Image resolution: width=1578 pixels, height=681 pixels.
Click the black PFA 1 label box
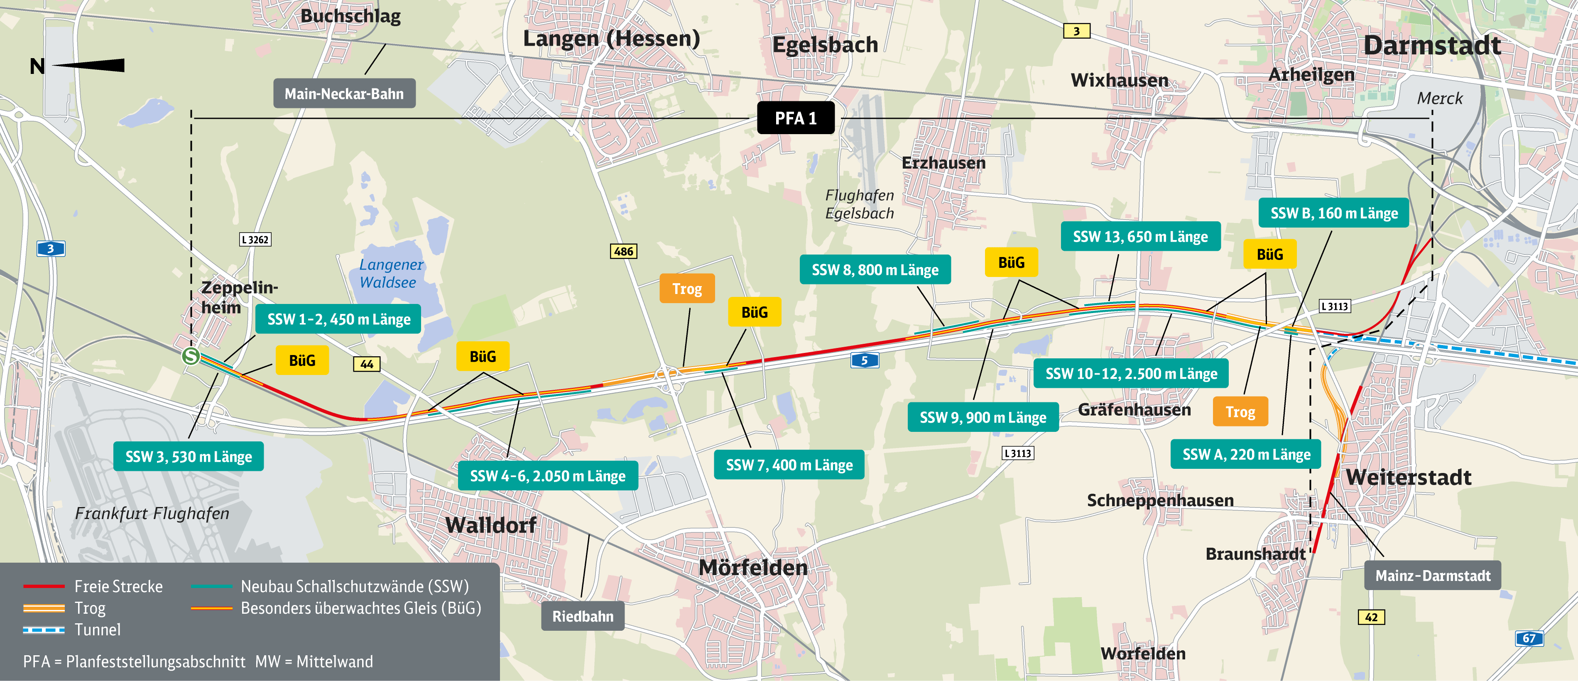(795, 118)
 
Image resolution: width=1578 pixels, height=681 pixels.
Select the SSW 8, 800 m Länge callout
(875, 269)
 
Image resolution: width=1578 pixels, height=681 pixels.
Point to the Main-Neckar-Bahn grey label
(344, 94)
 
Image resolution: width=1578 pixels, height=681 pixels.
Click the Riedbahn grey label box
(583, 616)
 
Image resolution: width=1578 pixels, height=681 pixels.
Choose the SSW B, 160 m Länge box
(1333, 213)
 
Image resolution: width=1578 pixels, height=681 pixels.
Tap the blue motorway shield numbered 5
(864, 360)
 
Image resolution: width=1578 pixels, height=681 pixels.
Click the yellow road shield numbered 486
(624, 251)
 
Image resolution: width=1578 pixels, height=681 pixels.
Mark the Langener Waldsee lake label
(390, 273)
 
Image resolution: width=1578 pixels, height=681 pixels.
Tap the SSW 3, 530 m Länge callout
(189, 456)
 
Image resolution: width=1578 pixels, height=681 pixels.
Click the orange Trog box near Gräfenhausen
(1240, 412)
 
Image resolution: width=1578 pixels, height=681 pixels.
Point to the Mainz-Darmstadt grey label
(1432, 576)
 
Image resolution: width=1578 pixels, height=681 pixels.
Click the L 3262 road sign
(255, 240)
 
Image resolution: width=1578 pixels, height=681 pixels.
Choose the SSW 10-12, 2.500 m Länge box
(1131, 374)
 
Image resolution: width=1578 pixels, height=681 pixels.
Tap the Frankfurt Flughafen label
(152, 513)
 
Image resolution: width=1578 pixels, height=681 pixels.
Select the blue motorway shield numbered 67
(1529, 638)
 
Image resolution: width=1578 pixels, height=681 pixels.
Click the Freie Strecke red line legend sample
(44, 586)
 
